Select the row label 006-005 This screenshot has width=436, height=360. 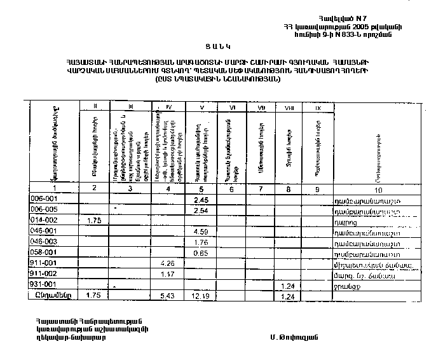coord(44,210)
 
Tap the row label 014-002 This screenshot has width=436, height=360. coord(44,220)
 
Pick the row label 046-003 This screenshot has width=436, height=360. coord(44,242)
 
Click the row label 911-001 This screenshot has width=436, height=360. coord(44,263)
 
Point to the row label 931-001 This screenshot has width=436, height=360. coord(44,284)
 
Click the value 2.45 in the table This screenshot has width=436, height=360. coord(201,200)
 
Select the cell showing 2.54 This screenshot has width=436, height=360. coord(201,210)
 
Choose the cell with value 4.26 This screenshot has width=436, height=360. coord(167,263)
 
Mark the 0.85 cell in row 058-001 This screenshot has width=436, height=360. coord(201,253)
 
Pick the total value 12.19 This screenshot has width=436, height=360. coord(201,296)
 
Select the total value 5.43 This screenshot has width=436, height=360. coord(167,296)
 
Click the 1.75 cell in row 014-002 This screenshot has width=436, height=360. coord(94,220)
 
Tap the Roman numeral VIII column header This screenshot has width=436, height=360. coord(288,107)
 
